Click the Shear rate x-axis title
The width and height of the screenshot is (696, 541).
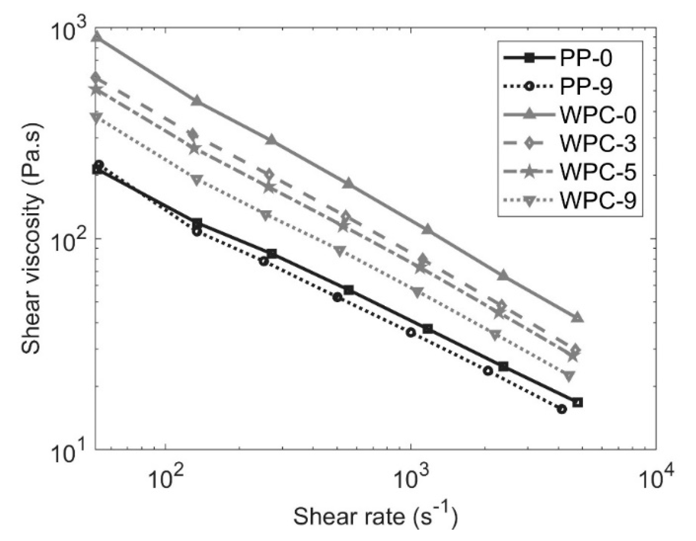tap(375, 516)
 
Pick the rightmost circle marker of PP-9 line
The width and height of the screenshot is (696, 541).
tap(563, 409)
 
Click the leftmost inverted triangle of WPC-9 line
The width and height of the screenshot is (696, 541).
tap(96, 118)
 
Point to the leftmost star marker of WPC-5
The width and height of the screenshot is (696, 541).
tap(96, 89)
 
